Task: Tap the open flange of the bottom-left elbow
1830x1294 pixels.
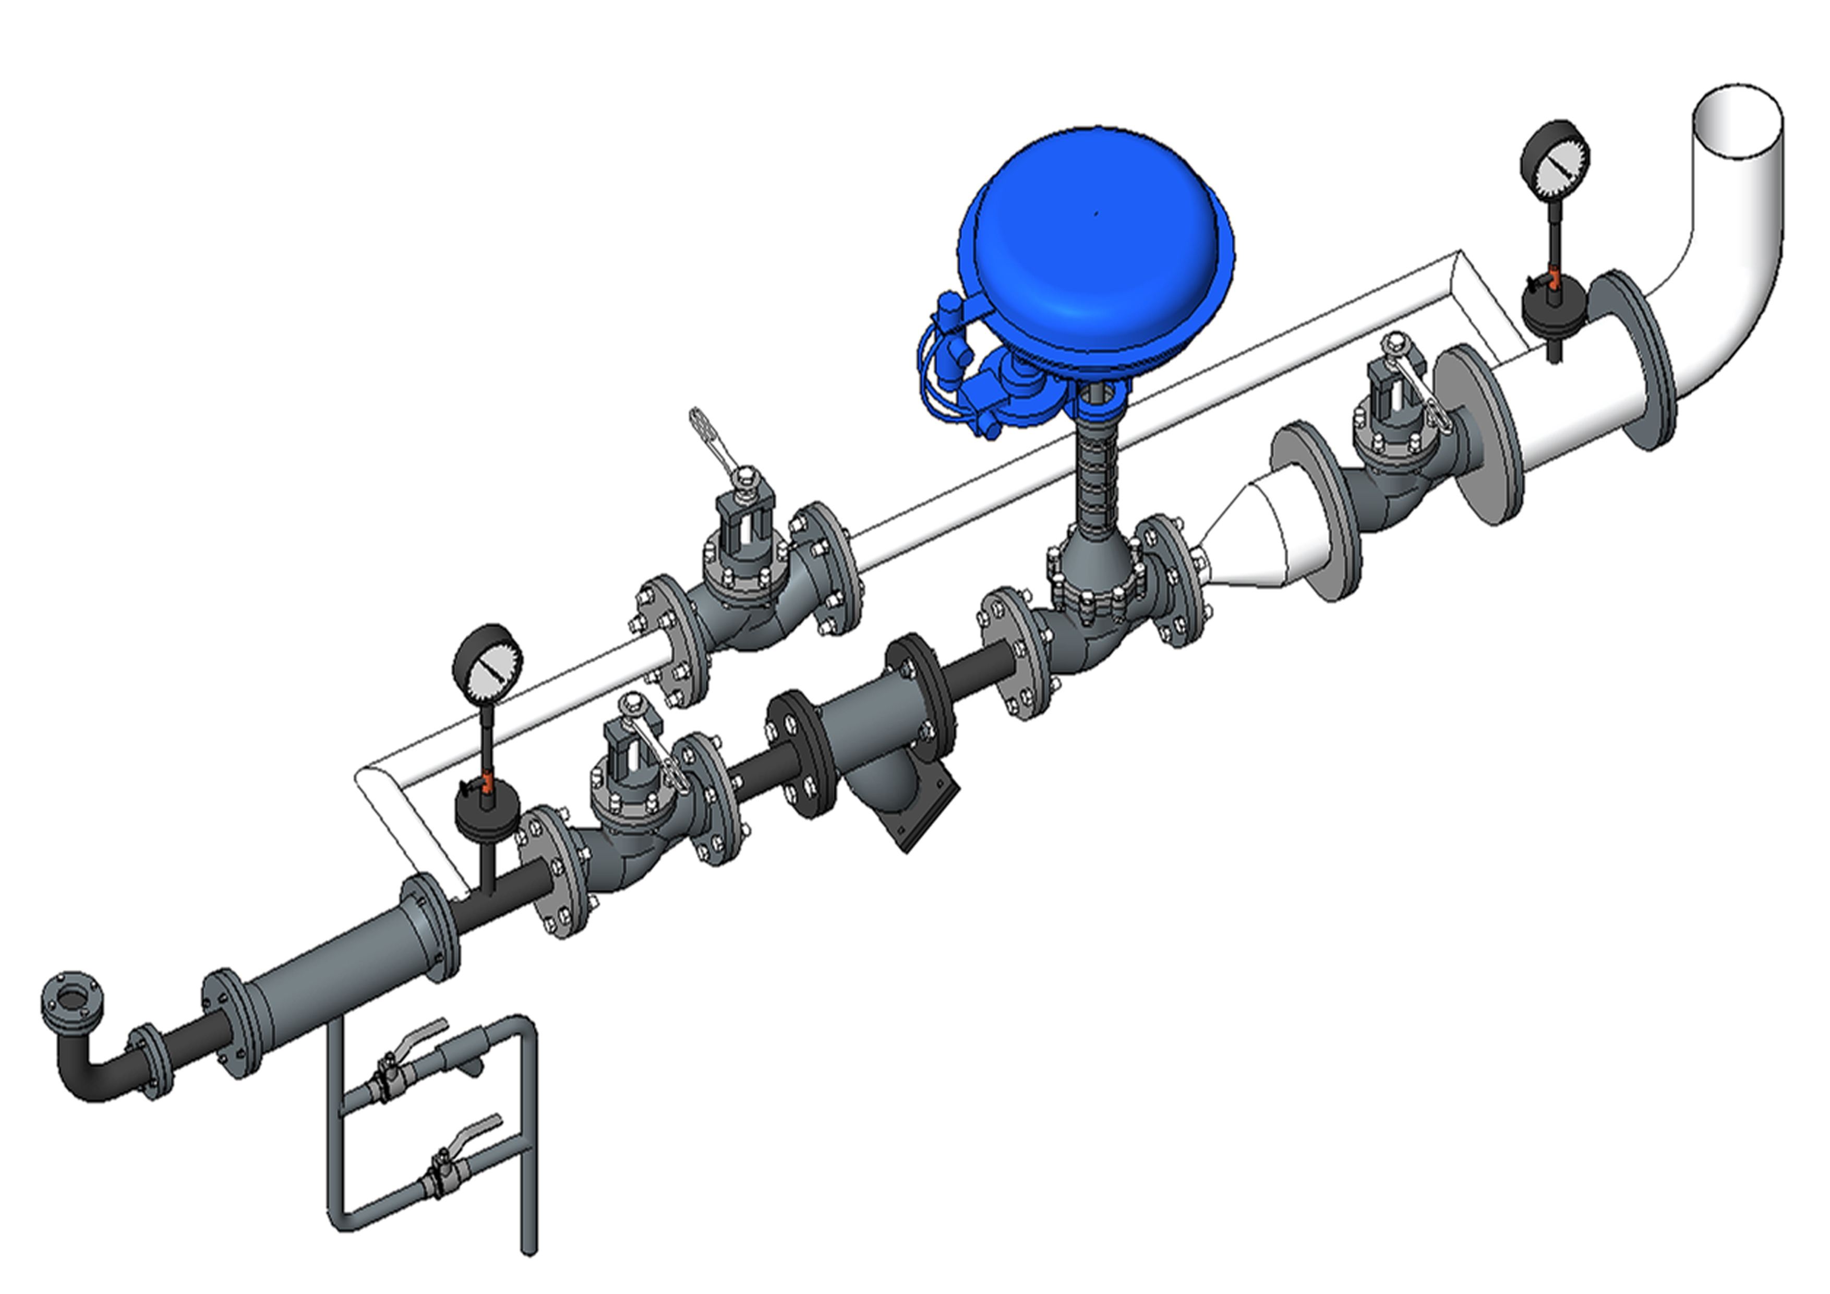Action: [73, 998]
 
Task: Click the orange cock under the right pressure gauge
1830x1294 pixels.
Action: [1554, 278]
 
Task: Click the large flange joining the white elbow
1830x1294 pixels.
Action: [1632, 361]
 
